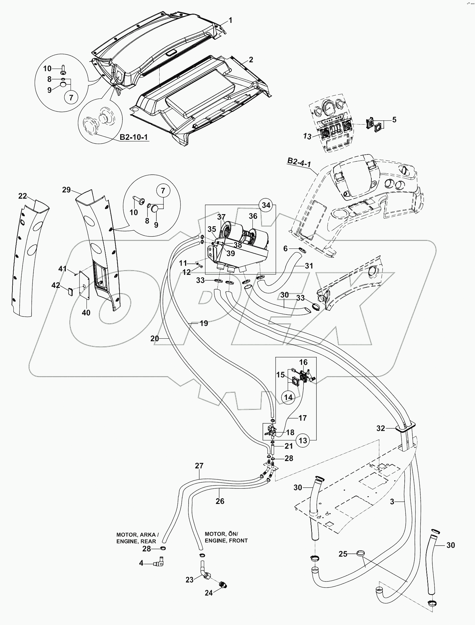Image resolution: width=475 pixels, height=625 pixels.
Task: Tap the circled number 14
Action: pos(288,397)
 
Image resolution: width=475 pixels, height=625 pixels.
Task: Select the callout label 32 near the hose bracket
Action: pos(381,428)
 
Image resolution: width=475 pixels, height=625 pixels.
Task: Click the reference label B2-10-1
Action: pos(134,138)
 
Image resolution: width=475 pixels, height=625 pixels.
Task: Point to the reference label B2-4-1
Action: pos(299,162)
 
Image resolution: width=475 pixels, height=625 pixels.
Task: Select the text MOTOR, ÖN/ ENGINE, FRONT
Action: pos(226,537)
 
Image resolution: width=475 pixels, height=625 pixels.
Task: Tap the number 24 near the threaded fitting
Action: pos(209,593)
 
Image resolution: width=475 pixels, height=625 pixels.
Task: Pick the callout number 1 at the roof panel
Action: pos(231,20)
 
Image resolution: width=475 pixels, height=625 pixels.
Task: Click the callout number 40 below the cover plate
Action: pos(86,312)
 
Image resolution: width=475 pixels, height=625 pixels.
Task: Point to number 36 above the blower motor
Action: pos(253,216)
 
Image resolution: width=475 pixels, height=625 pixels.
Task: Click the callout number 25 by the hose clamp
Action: pos(343,554)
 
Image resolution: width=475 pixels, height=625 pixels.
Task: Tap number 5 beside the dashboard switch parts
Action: pos(394,120)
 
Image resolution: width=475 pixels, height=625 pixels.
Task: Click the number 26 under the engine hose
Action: pos(220,501)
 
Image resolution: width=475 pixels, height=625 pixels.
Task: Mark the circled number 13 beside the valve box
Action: pos(303,440)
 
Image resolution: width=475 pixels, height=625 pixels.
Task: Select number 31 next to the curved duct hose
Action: pos(309,266)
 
